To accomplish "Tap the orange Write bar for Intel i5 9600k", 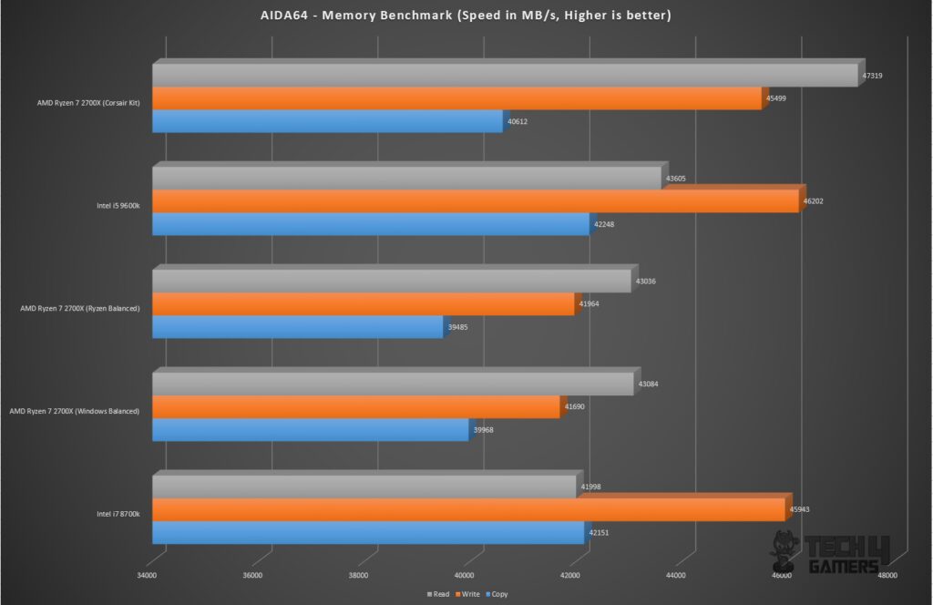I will (475, 201).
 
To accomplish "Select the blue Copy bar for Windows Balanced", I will (310, 430).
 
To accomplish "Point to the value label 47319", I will (872, 76).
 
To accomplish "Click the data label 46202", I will (813, 201).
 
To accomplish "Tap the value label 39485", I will (456, 327).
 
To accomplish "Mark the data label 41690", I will (574, 406).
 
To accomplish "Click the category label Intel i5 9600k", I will (118, 206).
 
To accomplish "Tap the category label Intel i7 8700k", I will (118, 514).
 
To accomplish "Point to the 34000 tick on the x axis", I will (146, 575).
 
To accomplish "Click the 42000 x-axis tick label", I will (569, 575).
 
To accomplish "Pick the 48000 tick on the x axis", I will (887, 575).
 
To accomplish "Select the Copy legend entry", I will (497, 593).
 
